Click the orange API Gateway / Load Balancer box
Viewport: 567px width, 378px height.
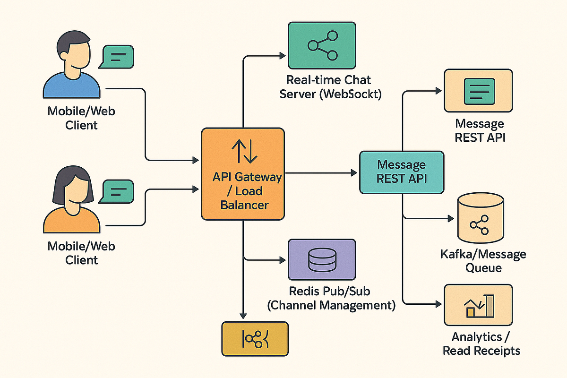(243, 174)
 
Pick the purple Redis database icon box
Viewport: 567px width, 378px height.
(322, 260)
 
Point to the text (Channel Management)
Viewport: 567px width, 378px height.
(331, 305)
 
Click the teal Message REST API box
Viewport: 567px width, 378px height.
(402, 172)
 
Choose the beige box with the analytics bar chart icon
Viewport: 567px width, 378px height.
(478, 305)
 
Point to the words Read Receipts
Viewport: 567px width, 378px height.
(481, 350)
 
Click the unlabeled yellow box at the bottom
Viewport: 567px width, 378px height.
(255, 338)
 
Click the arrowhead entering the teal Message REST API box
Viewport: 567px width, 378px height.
(356, 173)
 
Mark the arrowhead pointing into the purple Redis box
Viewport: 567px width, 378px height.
(284, 260)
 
